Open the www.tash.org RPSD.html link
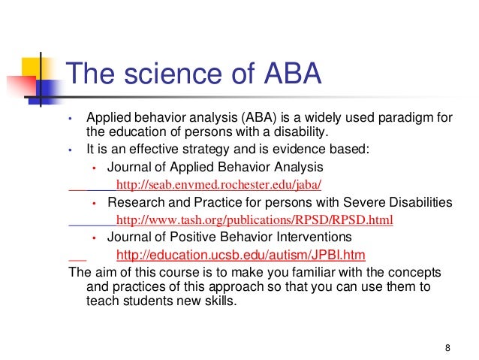pyautogui.click(x=255, y=221)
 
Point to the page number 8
pyautogui.click(x=447, y=347)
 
